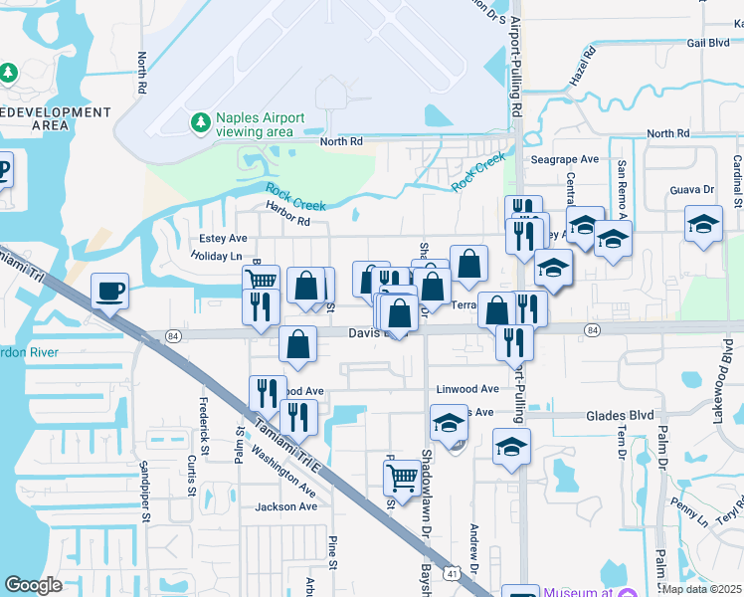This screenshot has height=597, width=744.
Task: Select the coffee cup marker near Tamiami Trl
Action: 109,292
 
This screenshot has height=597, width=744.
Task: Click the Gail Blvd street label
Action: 707,43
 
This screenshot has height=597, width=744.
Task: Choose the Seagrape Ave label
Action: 564,159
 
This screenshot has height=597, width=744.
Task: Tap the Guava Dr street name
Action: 693,189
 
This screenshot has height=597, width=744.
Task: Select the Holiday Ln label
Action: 216,256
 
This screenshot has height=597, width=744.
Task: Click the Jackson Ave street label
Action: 285,506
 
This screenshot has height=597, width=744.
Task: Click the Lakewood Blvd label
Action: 722,381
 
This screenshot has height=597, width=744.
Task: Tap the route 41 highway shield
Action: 454,573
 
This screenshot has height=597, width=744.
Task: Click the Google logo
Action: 34,585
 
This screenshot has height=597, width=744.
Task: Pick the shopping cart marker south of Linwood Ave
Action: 401,478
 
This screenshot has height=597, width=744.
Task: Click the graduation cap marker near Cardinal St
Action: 703,223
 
